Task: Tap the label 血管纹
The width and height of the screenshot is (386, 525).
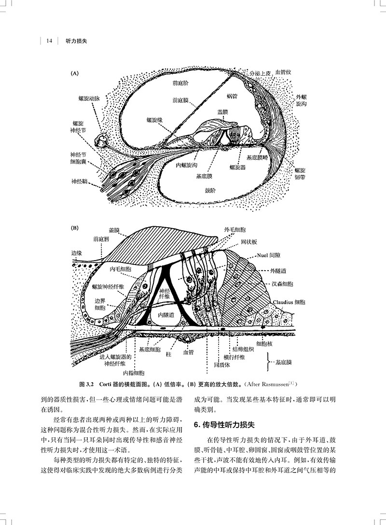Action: tap(283, 73)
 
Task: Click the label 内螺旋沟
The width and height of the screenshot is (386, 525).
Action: tap(186, 166)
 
